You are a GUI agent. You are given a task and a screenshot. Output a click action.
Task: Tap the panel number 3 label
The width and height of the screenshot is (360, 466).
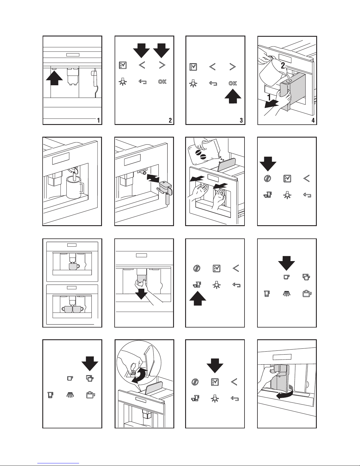pyautogui.click(x=241, y=120)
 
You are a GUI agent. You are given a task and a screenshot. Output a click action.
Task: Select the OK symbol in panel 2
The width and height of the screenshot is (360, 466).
pyautogui.click(x=162, y=82)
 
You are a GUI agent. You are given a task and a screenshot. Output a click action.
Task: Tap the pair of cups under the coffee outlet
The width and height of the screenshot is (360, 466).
pyautogui.click(x=72, y=309)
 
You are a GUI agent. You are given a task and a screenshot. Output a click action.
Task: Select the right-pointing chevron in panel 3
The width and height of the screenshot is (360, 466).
pyautogui.click(x=232, y=67)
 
